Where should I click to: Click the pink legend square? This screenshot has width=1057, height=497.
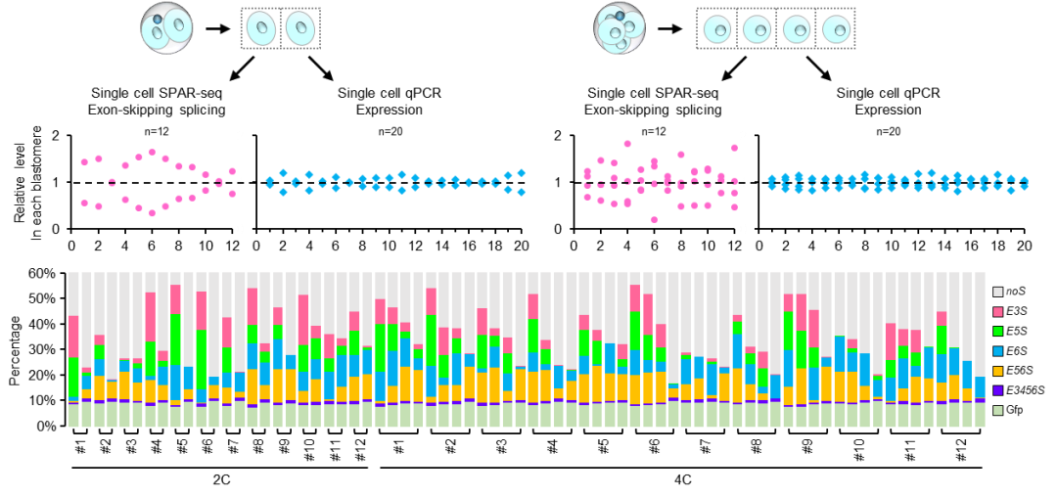(997, 311)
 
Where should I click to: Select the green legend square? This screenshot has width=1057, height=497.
(997, 331)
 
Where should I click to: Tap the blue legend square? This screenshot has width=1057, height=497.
(997, 350)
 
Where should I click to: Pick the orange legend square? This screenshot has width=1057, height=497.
(997, 371)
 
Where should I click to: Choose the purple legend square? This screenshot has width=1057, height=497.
(997, 390)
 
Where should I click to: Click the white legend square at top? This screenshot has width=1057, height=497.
(997, 292)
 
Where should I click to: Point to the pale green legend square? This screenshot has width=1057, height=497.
(997, 410)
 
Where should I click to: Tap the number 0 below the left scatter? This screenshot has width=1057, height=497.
(240, 229)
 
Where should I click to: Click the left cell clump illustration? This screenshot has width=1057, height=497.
(166, 27)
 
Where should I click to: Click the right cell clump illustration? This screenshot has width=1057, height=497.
(619, 28)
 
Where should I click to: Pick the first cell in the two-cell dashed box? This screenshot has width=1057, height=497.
(260, 28)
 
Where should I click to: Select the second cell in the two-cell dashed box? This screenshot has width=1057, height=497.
(299, 28)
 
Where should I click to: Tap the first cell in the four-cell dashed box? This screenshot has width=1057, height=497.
(717, 28)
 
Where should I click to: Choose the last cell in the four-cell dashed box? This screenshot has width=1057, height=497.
(836, 28)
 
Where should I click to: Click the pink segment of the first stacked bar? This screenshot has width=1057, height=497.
(73, 337)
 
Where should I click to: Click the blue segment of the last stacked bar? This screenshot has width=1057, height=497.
(980, 387)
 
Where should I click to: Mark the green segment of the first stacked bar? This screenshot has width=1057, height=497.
(73, 377)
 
